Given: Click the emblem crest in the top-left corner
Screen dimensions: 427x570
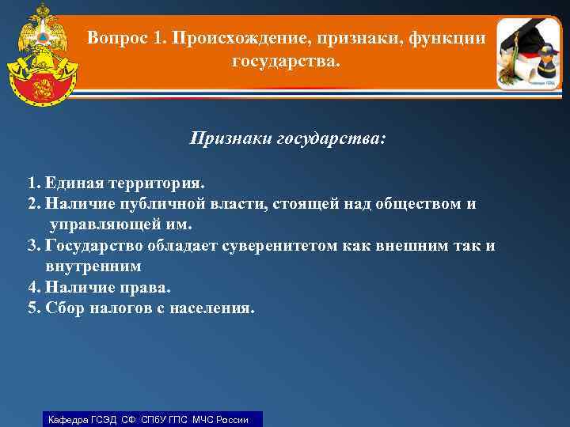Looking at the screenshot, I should [x=39, y=47].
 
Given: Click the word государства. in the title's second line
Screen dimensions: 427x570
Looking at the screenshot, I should [x=285, y=60].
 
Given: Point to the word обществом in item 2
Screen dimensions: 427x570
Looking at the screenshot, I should [x=422, y=204].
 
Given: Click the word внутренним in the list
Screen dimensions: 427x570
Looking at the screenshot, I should [x=93, y=266].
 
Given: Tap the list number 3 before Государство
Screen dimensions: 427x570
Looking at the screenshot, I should [x=32, y=245].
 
